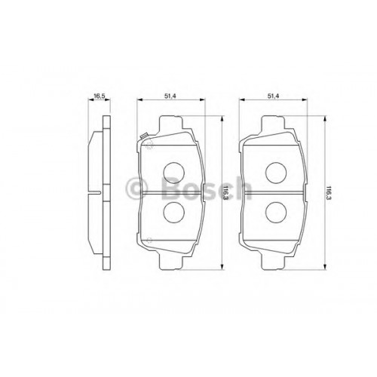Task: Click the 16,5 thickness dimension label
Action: (99, 96)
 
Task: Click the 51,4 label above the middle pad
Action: (170, 96)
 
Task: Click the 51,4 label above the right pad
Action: (273, 96)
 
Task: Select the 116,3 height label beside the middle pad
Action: (225, 192)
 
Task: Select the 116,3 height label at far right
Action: (328, 192)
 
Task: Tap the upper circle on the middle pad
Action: (173, 173)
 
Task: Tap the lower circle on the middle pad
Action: (173, 212)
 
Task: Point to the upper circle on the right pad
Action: (276, 173)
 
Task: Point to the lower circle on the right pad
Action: (276, 212)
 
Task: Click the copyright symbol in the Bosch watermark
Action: (136, 188)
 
